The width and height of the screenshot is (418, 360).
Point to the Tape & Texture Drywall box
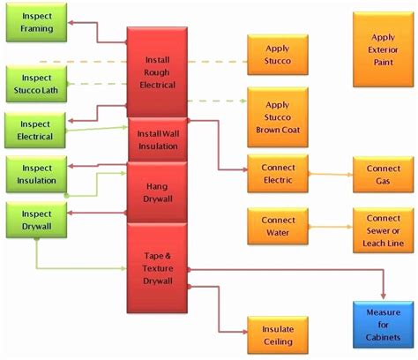pos(158,268)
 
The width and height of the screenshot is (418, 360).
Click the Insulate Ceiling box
pos(277,335)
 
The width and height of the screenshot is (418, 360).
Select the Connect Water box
pos(277,225)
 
